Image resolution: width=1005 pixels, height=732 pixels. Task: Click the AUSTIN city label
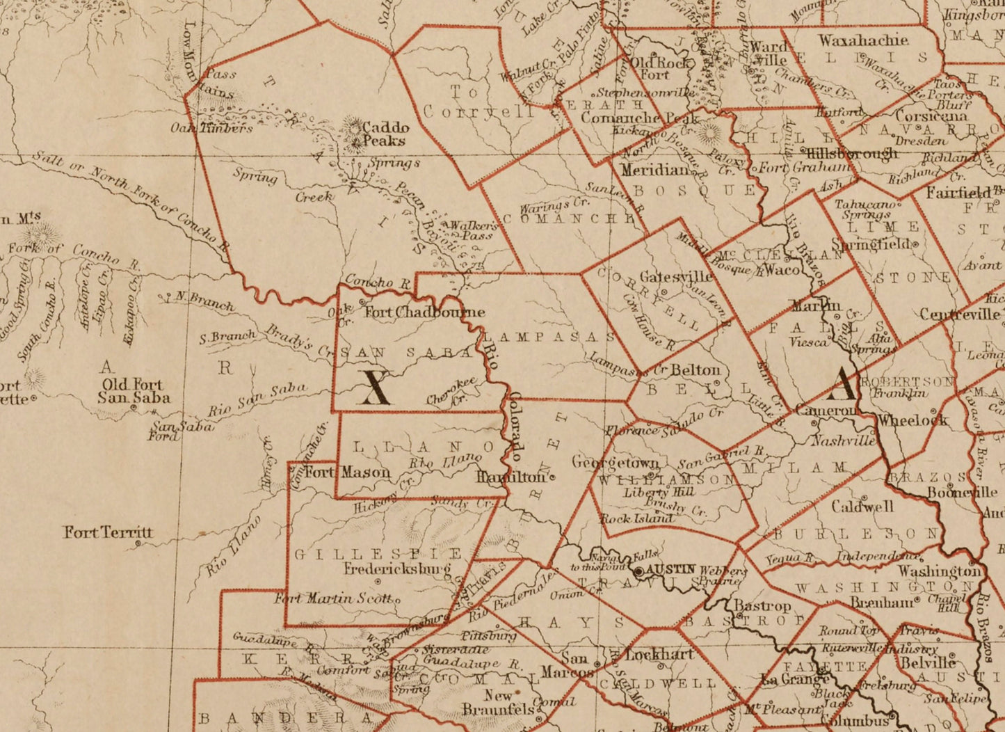pyautogui.click(x=671, y=569)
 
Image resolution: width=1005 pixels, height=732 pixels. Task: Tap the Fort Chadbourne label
pyautogui.click(x=424, y=312)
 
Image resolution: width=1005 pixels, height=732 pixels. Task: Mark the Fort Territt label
pyautogui.click(x=108, y=532)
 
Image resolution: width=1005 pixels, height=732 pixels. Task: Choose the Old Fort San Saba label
pyautogui.click(x=133, y=391)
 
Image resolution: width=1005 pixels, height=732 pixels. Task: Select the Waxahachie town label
pyautogui.click(x=863, y=40)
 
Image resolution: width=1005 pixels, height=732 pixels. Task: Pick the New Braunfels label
pyautogui.click(x=508, y=702)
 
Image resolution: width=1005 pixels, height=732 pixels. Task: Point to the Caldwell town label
pyautogui.click(x=862, y=507)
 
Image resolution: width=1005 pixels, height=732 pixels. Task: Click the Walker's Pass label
pyautogui.click(x=472, y=230)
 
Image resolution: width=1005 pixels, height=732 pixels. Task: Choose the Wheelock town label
pyautogui.click(x=912, y=420)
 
